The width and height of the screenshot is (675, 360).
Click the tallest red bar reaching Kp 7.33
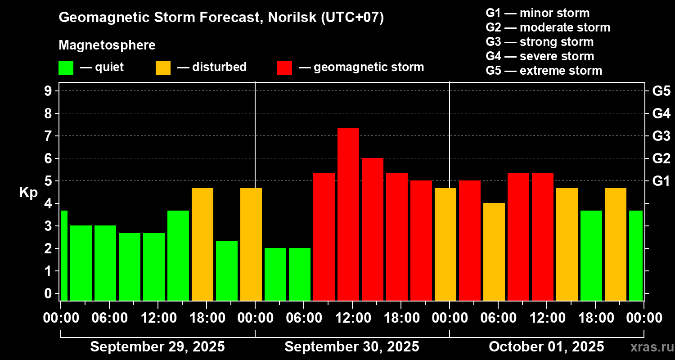coord(348,214)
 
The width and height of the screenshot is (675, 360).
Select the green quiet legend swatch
coord(66,68)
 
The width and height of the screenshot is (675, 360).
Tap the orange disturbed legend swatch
coord(163,68)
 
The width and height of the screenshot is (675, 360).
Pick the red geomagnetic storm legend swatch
coord(284,68)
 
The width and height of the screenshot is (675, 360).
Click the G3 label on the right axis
coord(661,136)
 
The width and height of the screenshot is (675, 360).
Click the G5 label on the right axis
coord(661,91)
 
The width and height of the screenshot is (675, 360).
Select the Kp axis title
coord(28,193)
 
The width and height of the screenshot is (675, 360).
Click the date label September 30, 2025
coord(352,347)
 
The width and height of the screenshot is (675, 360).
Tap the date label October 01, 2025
coord(546,347)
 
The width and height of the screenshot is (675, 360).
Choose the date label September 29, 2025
coord(157,347)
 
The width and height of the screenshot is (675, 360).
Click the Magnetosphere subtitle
coord(107,45)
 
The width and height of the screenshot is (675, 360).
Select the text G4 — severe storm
coord(540,56)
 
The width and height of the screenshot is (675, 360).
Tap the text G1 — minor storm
coord(538,13)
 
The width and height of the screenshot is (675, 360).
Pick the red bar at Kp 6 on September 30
coord(373,229)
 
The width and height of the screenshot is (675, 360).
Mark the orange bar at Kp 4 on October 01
coord(494,252)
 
